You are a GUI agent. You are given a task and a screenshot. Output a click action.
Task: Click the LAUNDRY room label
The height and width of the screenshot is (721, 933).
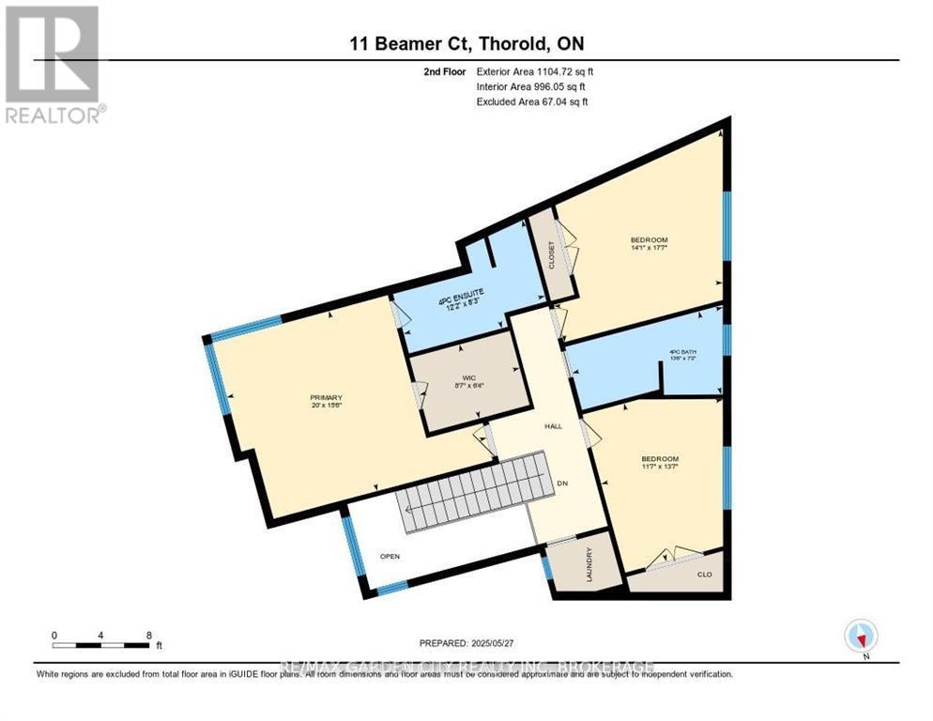(589, 564)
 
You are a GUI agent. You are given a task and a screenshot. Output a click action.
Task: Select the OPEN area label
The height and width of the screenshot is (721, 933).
(390, 556)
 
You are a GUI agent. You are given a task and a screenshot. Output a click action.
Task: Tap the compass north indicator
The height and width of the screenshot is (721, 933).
(860, 637)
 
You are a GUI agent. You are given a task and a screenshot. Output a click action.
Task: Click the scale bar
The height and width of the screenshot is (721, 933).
(101, 645)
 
